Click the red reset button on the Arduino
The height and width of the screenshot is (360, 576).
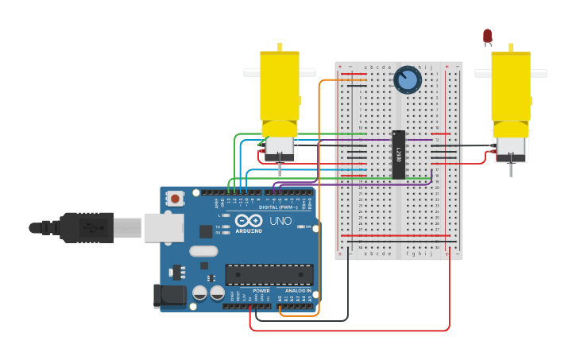click(x=174, y=197)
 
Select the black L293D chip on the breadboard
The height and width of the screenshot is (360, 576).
click(x=398, y=153)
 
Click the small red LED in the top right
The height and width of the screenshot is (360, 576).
click(x=487, y=36)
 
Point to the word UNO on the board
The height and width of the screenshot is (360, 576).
click(x=280, y=221)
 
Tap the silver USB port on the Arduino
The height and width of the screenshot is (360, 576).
click(x=164, y=227)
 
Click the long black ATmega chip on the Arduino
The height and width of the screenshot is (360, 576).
click(x=269, y=274)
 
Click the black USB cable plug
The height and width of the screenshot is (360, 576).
click(x=87, y=227)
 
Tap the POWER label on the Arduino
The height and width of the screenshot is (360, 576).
click(x=261, y=291)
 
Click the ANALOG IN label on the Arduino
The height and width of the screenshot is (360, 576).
click(x=299, y=291)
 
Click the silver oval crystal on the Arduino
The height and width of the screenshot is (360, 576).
click(x=203, y=251)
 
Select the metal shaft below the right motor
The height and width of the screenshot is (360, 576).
click(x=510, y=168)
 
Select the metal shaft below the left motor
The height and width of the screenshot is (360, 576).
click(x=280, y=169)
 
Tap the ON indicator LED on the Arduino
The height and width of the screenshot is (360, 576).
click(x=300, y=226)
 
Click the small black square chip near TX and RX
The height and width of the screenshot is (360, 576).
click(x=206, y=231)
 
